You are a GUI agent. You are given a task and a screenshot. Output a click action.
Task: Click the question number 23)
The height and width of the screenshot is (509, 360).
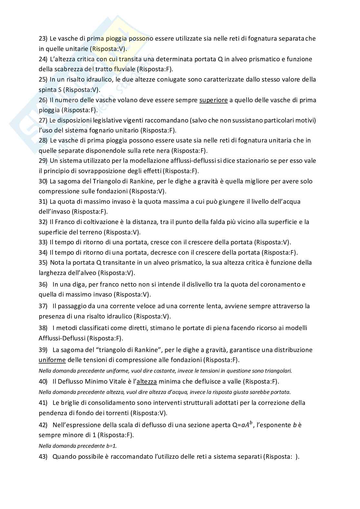tap(43, 39)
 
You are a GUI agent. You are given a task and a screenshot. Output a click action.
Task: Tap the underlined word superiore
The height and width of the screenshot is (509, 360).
tap(213, 100)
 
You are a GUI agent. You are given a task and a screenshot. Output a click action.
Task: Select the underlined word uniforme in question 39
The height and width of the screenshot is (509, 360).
tap(52, 360)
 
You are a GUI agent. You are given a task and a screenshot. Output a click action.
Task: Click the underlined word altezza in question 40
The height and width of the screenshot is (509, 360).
tap(147, 382)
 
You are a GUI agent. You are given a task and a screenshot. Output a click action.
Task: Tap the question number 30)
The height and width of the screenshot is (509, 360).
tap(43, 181)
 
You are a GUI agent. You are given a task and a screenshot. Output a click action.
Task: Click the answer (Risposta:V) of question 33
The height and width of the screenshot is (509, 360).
tap(272, 242)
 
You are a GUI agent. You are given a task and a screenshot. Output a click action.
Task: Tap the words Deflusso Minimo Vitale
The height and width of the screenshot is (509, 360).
tap(92, 382)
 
